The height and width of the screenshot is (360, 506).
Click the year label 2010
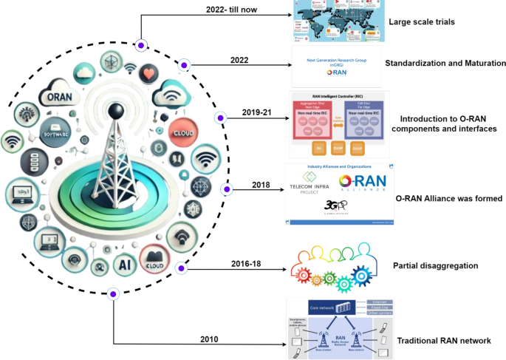point(210,339)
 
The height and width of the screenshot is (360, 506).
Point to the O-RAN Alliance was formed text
point(439,198)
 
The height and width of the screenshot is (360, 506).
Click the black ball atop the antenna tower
point(114,111)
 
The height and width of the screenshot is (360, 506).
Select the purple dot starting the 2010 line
point(113,293)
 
